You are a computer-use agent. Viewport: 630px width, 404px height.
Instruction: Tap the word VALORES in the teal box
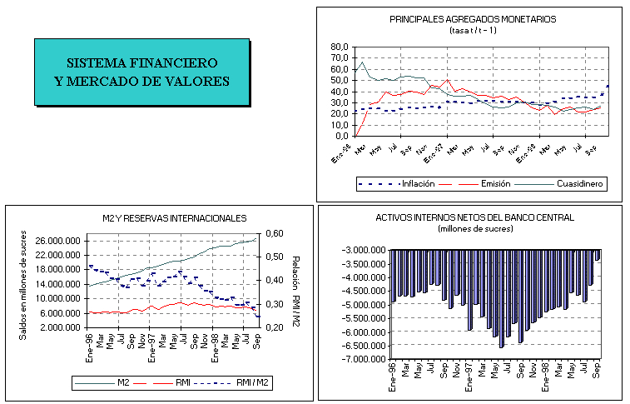(196, 81)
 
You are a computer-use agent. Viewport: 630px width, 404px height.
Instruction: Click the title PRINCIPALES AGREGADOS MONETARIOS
(473, 18)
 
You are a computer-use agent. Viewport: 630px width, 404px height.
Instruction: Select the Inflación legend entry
(417, 183)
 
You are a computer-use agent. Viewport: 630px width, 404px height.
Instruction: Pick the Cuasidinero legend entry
(580, 183)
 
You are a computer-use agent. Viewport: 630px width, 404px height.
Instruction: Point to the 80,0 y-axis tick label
(340, 47)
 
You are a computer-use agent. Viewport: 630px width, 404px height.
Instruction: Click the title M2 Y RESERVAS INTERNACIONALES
(169, 218)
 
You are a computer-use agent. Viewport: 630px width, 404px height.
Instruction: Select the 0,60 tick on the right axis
(275, 233)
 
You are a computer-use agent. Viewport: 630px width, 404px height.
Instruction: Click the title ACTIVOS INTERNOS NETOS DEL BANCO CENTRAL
(475, 217)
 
